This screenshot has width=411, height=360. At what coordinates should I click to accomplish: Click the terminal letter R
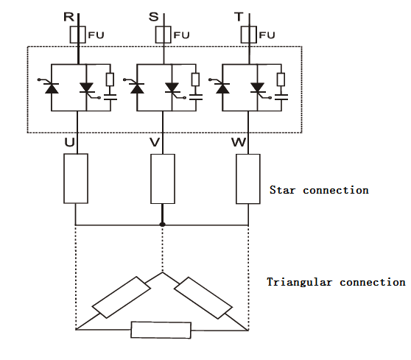[69, 17]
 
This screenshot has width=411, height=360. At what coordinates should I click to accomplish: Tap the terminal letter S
[154, 17]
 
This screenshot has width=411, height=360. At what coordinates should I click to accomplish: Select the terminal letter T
[239, 17]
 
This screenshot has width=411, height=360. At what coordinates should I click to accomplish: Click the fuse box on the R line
[77, 35]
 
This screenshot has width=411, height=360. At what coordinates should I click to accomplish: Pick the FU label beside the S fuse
[181, 35]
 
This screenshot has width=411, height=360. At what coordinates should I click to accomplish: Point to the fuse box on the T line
[248, 35]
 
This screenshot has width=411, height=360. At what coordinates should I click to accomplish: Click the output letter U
[69, 142]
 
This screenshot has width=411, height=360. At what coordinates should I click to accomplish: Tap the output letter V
[155, 142]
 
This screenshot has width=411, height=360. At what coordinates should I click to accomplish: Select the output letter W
[239, 142]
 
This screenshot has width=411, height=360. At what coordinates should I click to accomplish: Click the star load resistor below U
[76, 178]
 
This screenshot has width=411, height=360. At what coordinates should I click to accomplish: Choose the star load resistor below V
[163, 179]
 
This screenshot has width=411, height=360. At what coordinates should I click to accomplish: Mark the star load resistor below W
[248, 179]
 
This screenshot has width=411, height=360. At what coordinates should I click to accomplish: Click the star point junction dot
[163, 225]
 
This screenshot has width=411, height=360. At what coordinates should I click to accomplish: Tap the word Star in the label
[282, 190]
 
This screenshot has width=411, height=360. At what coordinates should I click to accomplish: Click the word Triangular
[299, 283]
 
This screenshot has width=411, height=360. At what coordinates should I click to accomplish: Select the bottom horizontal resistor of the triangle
[161, 330]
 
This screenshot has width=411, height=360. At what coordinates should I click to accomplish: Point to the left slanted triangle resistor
[121, 297]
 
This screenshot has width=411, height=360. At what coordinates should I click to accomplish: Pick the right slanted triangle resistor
[203, 298]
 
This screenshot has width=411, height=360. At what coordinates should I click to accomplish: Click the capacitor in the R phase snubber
[110, 97]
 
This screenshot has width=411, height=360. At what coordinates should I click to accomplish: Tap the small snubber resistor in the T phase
[281, 80]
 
